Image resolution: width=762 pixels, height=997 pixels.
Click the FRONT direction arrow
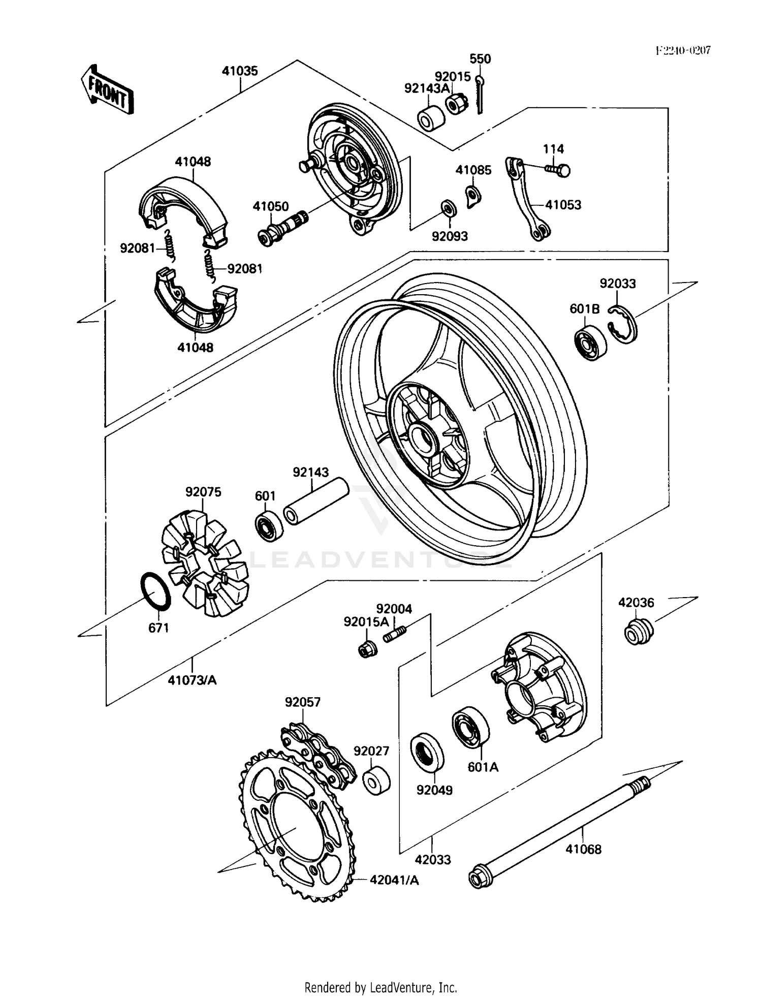coord(108,89)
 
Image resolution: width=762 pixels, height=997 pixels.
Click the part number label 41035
coord(240,71)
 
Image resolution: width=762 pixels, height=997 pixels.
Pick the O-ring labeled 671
coord(155,592)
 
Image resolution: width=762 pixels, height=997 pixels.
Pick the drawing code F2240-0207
coord(682,50)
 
